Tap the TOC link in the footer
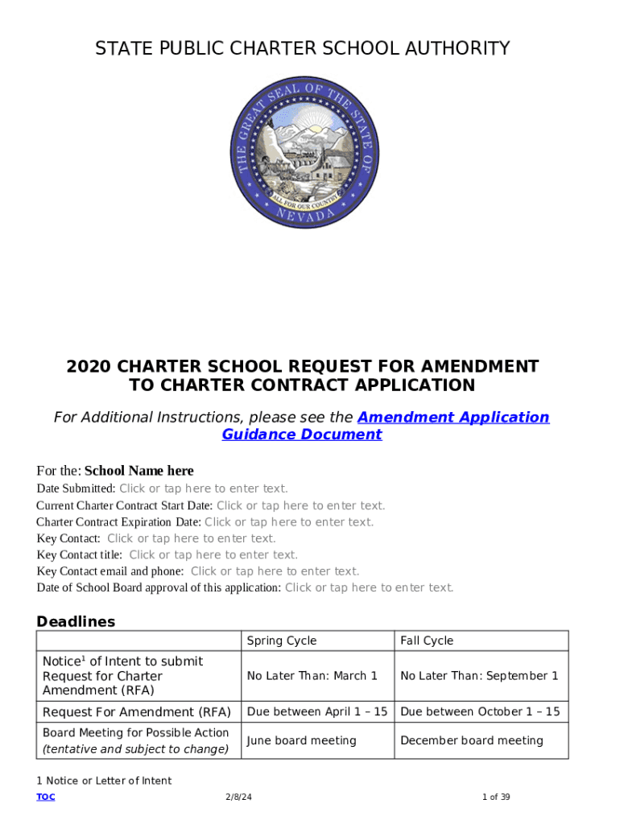point(46,797)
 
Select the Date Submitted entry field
point(203,488)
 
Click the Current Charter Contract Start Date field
point(300,505)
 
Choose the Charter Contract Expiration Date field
point(289,522)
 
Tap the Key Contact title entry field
point(213,554)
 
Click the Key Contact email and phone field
point(275,571)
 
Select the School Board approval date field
point(369,587)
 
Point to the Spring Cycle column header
point(282,641)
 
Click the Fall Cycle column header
point(427,641)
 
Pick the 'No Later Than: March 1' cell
point(312,676)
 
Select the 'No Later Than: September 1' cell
point(479,676)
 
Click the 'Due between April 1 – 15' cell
point(316,711)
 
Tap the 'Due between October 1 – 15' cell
point(479,711)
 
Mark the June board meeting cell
point(301,740)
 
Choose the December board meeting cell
point(471,740)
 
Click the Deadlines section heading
point(76,621)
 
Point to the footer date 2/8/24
point(238,797)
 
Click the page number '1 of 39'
point(496,797)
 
